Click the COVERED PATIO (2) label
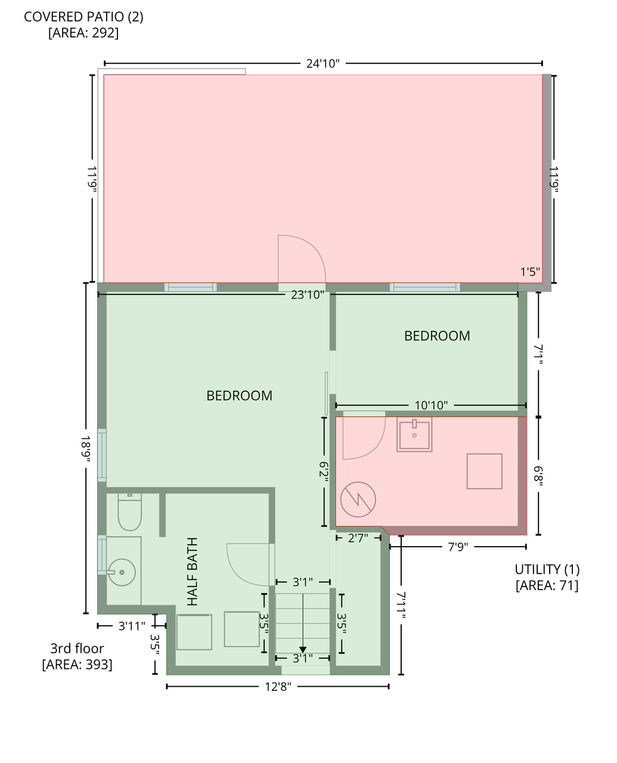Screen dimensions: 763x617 pyautogui.click(x=83, y=17)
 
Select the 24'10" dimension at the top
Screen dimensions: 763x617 pyautogui.click(x=323, y=63)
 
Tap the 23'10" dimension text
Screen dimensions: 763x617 pyautogui.click(x=308, y=294)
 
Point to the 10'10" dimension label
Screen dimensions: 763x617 pyautogui.click(x=430, y=405)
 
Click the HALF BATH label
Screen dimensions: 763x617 pyautogui.click(x=192, y=572)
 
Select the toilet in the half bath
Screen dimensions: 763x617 pyautogui.click(x=129, y=513)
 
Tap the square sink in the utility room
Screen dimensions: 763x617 pyautogui.click(x=414, y=434)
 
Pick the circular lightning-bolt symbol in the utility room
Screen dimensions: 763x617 pyautogui.click(x=358, y=499)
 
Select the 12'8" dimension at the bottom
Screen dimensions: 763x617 pyautogui.click(x=278, y=687)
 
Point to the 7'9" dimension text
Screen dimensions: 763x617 pyautogui.click(x=458, y=547)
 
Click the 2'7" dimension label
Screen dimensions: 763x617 pyautogui.click(x=357, y=538)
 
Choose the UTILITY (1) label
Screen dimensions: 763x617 pyautogui.click(x=547, y=569)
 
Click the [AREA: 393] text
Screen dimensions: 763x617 pyautogui.click(x=77, y=664)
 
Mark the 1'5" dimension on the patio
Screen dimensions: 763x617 pyautogui.click(x=530, y=272)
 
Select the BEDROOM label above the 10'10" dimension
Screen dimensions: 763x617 pyautogui.click(x=437, y=336)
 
